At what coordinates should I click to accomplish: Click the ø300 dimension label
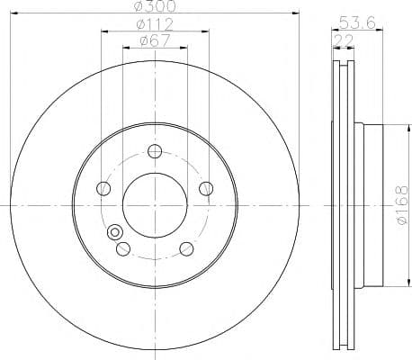click(x=155, y=6)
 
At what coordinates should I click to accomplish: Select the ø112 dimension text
click(x=155, y=24)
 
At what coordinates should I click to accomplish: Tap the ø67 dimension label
click(x=156, y=40)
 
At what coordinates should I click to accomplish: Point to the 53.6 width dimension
click(x=357, y=22)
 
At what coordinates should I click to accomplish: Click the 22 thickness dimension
click(x=344, y=40)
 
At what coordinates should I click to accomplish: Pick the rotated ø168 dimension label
click(x=402, y=205)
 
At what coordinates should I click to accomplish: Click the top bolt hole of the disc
click(x=155, y=151)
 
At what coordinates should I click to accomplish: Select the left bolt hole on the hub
click(x=103, y=188)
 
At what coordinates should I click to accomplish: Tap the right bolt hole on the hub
click(x=206, y=188)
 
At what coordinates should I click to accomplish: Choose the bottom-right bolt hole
click(x=186, y=249)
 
